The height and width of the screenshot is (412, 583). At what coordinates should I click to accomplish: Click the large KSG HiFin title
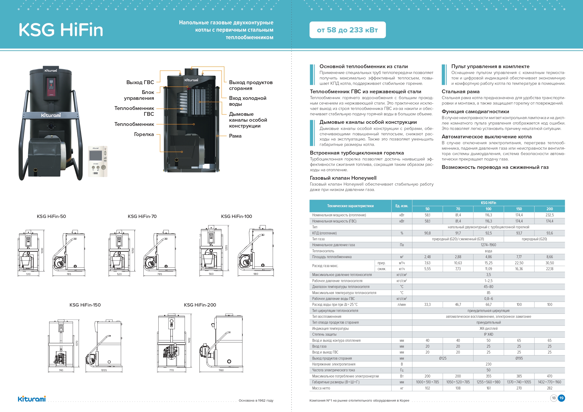point(61,30)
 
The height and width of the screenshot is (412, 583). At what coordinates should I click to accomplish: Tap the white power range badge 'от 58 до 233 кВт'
point(347,30)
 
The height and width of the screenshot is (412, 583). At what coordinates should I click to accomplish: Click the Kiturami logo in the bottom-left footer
point(32,399)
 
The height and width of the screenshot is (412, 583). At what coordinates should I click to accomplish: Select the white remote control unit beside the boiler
point(98,161)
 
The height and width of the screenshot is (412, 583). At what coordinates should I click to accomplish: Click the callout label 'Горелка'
point(144,134)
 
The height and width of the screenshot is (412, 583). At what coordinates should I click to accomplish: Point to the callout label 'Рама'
point(235,136)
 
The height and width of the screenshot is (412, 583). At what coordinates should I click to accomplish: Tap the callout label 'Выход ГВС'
point(140,82)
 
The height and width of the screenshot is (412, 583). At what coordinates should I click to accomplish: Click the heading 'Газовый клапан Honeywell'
point(343,178)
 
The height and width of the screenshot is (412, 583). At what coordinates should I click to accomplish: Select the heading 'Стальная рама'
point(460,92)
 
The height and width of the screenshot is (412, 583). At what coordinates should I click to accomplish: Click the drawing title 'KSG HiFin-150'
point(85,305)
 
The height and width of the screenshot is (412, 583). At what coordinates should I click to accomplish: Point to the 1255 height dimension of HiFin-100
point(226,248)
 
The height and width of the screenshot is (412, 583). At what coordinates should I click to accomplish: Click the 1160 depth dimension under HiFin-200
point(221,370)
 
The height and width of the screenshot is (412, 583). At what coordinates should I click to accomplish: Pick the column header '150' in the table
point(519,209)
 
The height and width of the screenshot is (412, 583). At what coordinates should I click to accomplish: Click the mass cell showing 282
point(549,388)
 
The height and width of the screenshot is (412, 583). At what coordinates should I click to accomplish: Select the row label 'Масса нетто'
point(321,388)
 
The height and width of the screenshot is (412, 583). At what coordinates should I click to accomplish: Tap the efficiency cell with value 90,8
point(427,233)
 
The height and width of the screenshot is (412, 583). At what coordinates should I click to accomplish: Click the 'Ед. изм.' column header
point(402,206)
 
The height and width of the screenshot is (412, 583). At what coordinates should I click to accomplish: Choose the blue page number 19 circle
point(561,398)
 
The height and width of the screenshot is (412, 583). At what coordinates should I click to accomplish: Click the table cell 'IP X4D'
point(488,334)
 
